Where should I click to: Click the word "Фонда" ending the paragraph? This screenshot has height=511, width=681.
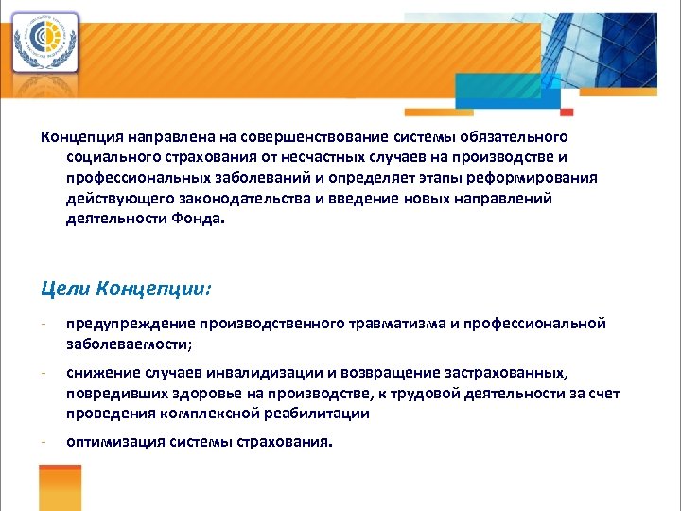pos(202,219)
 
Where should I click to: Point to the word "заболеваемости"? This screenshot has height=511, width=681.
pos(129,344)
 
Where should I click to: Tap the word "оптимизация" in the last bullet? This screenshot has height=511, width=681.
pos(112,443)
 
